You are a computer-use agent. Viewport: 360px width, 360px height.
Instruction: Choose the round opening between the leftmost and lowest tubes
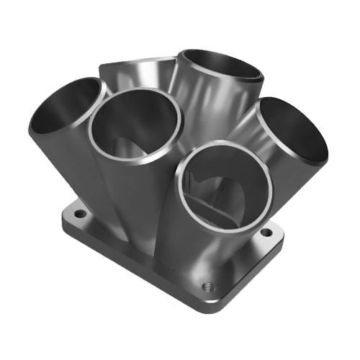(x=137, y=130)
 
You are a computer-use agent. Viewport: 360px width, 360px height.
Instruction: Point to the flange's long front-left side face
(x=130, y=266)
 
